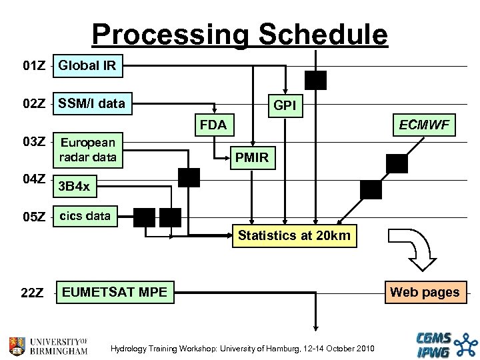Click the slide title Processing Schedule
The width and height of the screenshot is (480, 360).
[239, 34]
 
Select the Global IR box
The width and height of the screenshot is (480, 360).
[87, 65]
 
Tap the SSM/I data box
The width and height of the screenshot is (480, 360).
[93, 104]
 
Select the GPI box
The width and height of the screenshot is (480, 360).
[285, 105]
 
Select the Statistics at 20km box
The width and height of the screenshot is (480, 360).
[294, 235]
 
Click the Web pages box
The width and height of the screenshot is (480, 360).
[424, 292]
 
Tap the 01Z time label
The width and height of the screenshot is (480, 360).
[34, 67]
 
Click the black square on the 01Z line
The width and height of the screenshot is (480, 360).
[315, 80]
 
